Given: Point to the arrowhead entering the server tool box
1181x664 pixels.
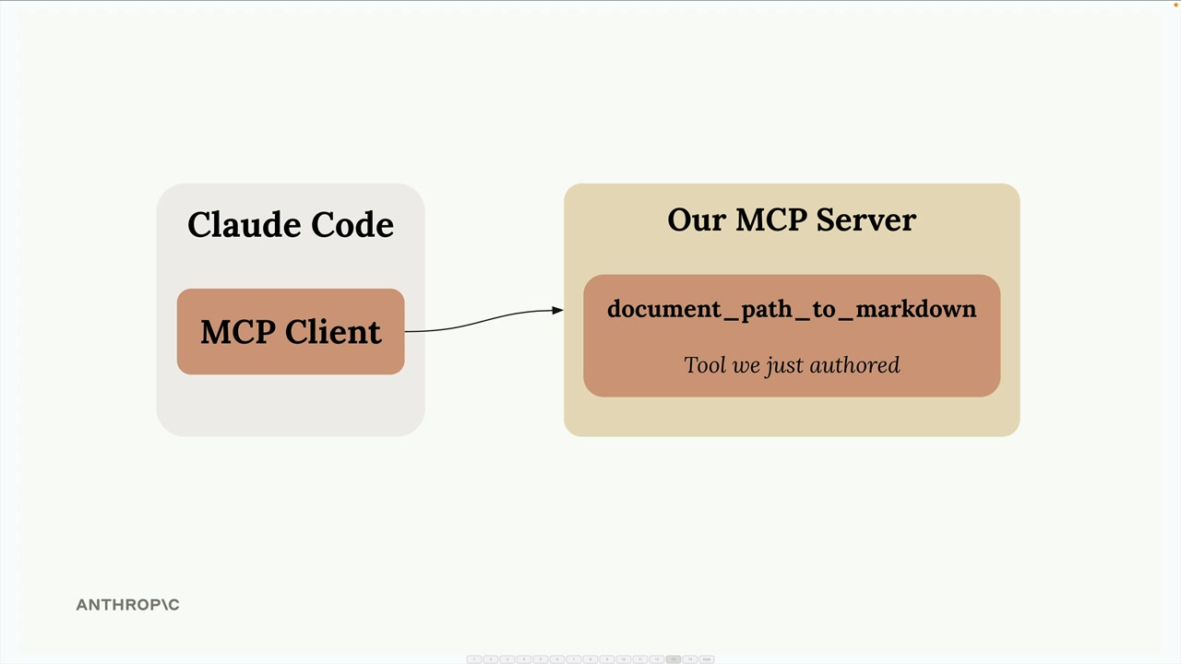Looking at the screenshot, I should click(x=557, y=311).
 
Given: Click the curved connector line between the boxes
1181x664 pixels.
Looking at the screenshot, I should click(x=480, y=320).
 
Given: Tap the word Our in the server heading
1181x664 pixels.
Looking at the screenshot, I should click(x=696, y=220).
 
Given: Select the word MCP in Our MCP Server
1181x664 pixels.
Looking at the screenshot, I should click(x=771, y=220).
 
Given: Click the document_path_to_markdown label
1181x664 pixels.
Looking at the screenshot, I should click(x=792, y=309).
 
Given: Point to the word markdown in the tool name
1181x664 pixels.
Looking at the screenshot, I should click(x=915, y=309).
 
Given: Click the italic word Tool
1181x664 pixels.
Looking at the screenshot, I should click(x=705, y=365).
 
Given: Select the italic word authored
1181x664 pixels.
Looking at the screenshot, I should click(x=855, y=365).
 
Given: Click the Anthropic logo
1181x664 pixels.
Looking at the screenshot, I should click(x=127, y=605).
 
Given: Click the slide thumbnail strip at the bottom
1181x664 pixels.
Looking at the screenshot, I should click(x=590, y=659).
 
